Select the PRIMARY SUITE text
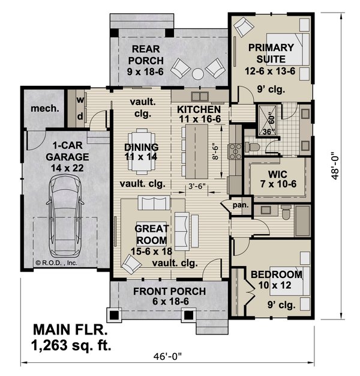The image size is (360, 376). [x=271, y=53]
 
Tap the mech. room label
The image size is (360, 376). [x=46, y=109]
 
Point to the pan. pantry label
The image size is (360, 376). [x=240, y=205]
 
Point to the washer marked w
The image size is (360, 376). [x=79, y=99]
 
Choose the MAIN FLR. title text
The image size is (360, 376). [x=70, y=330]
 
